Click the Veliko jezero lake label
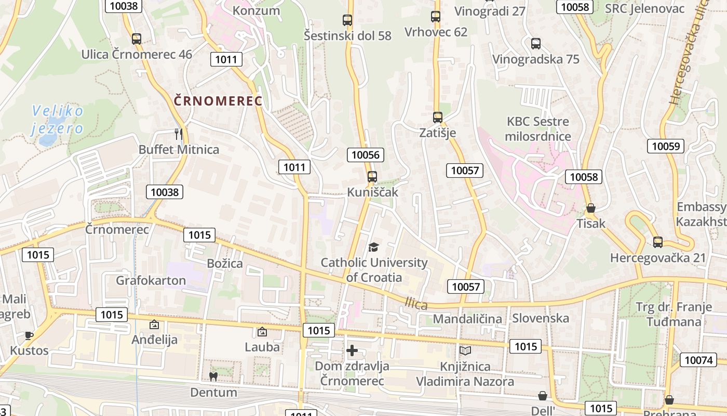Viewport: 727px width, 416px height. coord(57,120)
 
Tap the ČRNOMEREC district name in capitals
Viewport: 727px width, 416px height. coord(218,101)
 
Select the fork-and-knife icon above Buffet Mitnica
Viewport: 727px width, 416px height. coord(179,134)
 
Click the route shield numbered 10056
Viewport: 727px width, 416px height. coord(367,155)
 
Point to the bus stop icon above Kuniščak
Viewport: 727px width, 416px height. coord(372,177)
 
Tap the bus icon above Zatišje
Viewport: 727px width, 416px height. coord(438,118)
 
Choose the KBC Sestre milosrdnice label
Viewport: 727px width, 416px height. coord(538,129)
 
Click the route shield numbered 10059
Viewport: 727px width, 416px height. coord(665,146)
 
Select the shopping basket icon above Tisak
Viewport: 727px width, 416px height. coord(591,209)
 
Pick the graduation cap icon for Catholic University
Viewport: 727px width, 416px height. coord(374,247)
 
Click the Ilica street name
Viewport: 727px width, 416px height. coord(416,304)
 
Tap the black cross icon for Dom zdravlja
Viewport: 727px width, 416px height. coord(352,350)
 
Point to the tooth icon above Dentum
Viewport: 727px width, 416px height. coord(213,376)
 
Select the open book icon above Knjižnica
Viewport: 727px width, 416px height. coord(465,351)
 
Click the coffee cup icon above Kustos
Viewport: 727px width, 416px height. coord(29,335)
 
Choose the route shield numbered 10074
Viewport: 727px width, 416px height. coord(698,360)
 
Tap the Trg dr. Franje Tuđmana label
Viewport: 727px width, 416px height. coord(674,314)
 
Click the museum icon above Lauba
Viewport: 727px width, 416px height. coord(262,332)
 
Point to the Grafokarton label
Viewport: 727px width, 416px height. coord(151,281)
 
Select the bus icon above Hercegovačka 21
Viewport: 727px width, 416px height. coord(658,242)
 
